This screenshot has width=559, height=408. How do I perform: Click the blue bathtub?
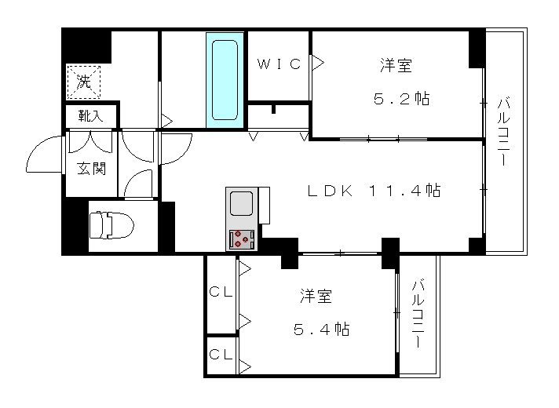[x=225, y=80]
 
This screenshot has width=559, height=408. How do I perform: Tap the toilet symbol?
[x=111, y=225]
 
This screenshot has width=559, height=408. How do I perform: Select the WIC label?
[x=279, y=64]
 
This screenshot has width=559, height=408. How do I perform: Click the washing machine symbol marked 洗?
[x=84, y=82]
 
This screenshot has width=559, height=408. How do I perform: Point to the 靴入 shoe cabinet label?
[x=91, y=116]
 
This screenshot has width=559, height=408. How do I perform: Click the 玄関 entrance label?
[x=92, y=168]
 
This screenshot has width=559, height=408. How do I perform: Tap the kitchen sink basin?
[x=241, y=203]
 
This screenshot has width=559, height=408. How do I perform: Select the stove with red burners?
[x=242, y=239]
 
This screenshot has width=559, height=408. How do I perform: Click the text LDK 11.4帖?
[x=374, y=191]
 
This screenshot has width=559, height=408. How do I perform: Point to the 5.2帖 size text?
[x=401, y=98]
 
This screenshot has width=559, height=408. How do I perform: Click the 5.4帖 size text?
[x=322, y=329]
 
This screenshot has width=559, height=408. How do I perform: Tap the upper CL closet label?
[x=221, y=292]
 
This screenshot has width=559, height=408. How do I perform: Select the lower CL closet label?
[x=221, y=354]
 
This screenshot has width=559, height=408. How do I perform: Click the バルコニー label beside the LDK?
[x=503, y=132]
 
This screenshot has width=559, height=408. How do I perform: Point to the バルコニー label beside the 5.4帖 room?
[x=418, y=314]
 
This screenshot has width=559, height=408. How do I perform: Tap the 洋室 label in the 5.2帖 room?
[x=396, y=66]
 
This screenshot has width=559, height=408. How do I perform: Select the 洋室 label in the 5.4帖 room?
[x=316, y=296]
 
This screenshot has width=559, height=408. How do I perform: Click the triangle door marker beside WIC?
[x=318, y=63]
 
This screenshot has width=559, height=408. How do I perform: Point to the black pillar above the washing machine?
[x=86, y=46]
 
